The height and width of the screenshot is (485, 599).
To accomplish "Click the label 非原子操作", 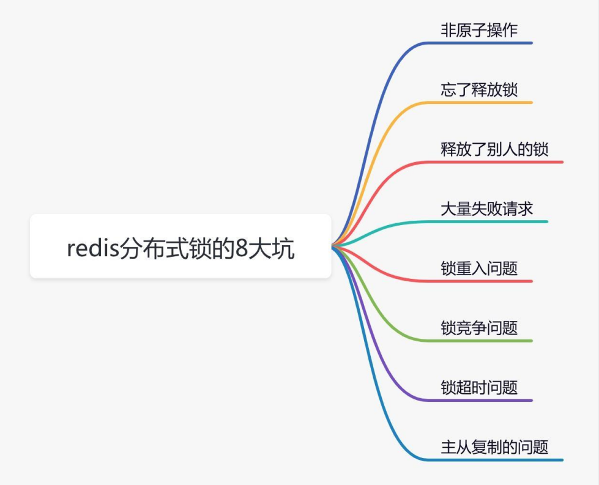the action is point(479,30).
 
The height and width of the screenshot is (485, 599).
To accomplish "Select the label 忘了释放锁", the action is point(479,90).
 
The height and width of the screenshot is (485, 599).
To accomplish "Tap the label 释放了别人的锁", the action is point(494,149).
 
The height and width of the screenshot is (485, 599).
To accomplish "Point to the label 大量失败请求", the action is point(486,209).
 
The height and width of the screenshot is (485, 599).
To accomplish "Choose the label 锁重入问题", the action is point(479,268).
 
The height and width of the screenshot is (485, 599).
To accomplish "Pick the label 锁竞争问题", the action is point(479,328).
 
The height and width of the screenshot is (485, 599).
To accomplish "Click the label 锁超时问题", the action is point(479,388).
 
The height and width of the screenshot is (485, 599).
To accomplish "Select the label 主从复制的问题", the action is point(494,447).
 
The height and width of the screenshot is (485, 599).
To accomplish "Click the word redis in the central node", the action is point(93,248).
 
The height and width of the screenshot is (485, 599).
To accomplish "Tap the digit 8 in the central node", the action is point(242,248).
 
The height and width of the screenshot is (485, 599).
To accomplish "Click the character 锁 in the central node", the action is point(201,248).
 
